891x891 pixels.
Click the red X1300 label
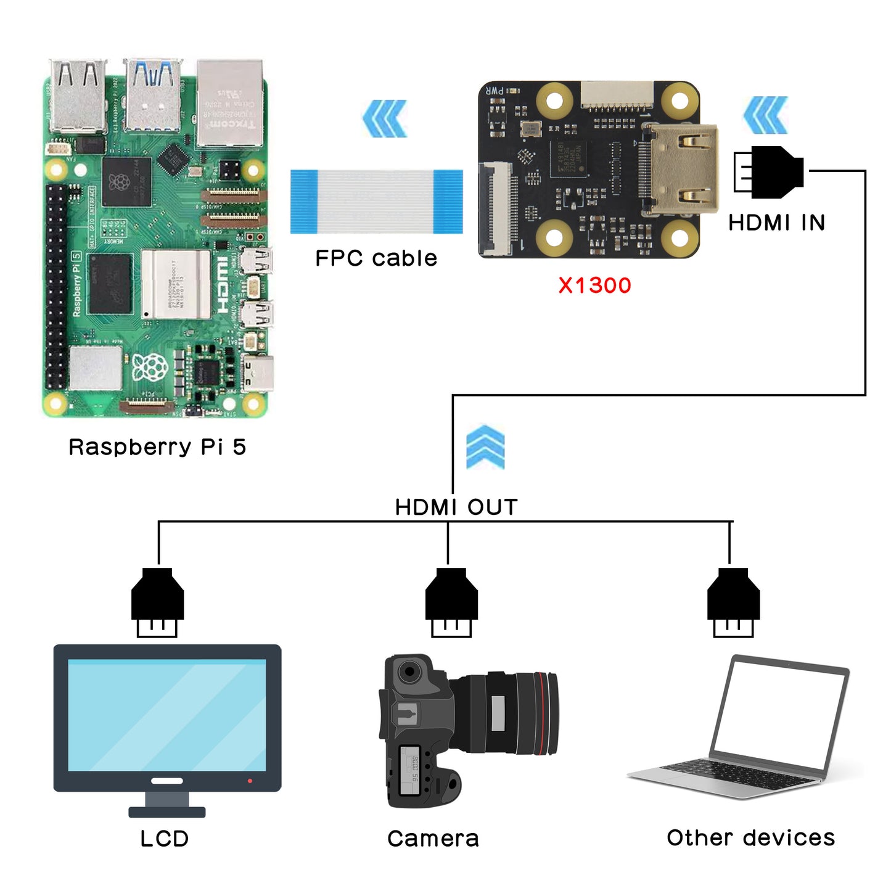coord(594,285)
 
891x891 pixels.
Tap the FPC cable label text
coord(376,258)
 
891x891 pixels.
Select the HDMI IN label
coord(776,223)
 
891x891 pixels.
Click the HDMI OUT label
coord(456,507)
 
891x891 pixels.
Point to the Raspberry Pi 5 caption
coord(157,447)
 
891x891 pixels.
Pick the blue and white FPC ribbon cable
coord(377,202)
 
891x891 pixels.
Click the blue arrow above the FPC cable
coord(385,118)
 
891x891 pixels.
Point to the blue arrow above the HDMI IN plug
coord(766,115)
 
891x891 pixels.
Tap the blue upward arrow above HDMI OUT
coord(485,447)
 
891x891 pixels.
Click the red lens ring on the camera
coord(542,713)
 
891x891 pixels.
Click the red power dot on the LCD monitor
coord(250,781)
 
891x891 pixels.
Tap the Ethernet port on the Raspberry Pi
coord(230,104)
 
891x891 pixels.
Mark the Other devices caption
coord(750,837)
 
